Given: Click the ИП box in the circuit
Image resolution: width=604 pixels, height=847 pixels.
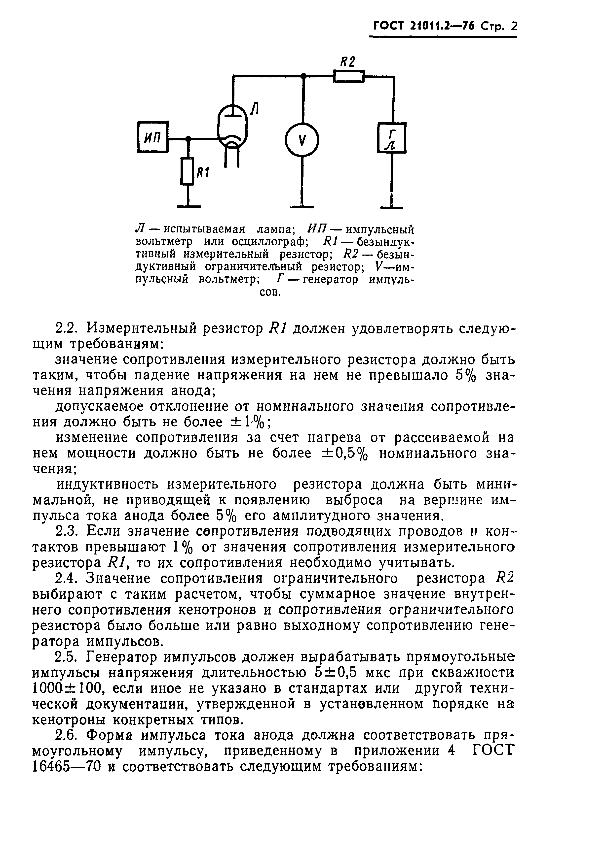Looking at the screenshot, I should coord(153,137).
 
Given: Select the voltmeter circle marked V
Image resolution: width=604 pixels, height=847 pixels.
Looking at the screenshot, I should coord(302,140).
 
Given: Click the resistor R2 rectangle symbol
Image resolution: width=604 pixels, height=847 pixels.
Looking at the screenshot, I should coord(348,76).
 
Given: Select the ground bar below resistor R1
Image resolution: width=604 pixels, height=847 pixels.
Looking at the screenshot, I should coord(188,206).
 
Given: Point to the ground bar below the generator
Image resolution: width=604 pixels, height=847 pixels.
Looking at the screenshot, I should coord(392,207).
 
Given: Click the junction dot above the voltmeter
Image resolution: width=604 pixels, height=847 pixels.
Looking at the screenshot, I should coord(303,76).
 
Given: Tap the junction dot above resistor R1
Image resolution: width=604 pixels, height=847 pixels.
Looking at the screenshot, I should coord(189,139).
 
